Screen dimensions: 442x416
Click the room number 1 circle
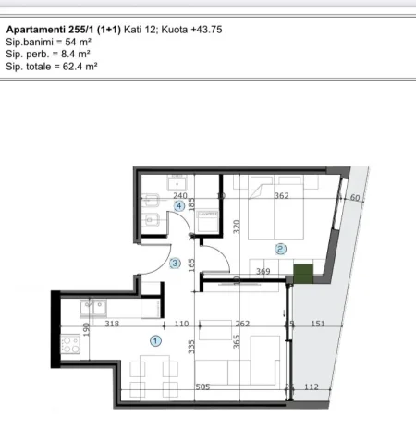(155, 340)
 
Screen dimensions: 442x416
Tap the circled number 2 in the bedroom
(280, 248)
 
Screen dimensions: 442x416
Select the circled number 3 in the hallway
(176, 264)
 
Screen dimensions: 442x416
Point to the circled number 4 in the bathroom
(179, 206)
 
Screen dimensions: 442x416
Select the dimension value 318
(113, 324)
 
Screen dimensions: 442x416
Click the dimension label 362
(282, 196)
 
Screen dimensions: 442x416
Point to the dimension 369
(263, 272)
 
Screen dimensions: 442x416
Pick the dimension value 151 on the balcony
(316, 324)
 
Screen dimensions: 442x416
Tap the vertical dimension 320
(237, 225)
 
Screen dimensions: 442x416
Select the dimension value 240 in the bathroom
(180, 196)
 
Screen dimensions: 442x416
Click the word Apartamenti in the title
(37, 30)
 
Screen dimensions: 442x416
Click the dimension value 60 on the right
(354, 197)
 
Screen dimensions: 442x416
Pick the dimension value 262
(244, 324)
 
